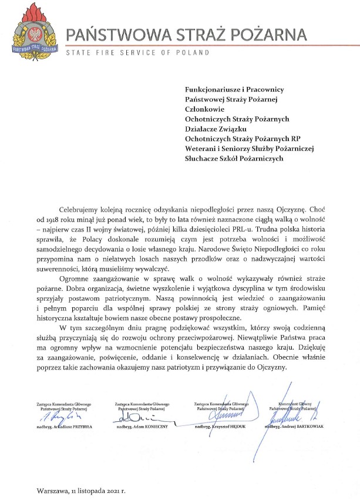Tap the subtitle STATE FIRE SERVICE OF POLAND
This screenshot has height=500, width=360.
pos(137,53)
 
